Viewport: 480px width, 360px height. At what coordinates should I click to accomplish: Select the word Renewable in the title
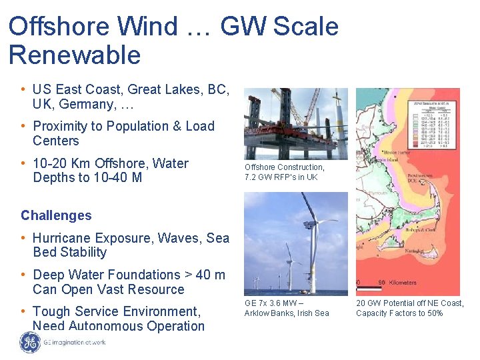[x=75, y=55]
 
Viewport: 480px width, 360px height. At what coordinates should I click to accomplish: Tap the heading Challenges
[x=56, y=215]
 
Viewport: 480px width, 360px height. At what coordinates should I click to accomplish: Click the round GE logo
[x=29, y=342]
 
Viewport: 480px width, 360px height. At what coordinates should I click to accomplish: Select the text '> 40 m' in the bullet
[x=205, y=275]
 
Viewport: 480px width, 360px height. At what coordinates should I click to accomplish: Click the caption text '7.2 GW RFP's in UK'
[x=281, y=177]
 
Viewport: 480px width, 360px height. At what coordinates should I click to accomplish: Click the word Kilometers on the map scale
[x=403, y=283]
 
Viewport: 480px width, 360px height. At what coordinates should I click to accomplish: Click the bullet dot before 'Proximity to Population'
[x=23, y=126]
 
